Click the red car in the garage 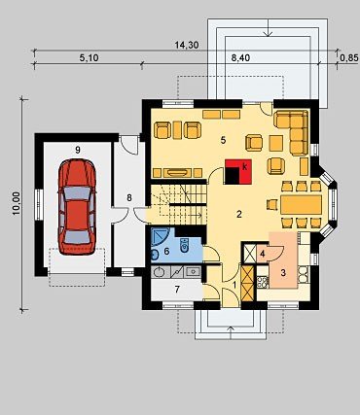click(77, 207)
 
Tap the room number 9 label click(78, 150)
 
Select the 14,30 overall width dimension click(187, 45)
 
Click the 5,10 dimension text click(89, 58)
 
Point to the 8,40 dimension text click(240, 58)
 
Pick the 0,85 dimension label click(349, 58)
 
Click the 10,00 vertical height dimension click(17, 203)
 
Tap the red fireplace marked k click(237, 172)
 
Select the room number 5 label click(223, 140)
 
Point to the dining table click(301, 204)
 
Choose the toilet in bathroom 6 click(185, 246)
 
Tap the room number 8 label click(129, 197)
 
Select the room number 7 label click(177, 290)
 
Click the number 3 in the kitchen click(283, 273)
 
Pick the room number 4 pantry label click(263, 254)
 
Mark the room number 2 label click(239, 214)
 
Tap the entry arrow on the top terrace click(268, 27)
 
